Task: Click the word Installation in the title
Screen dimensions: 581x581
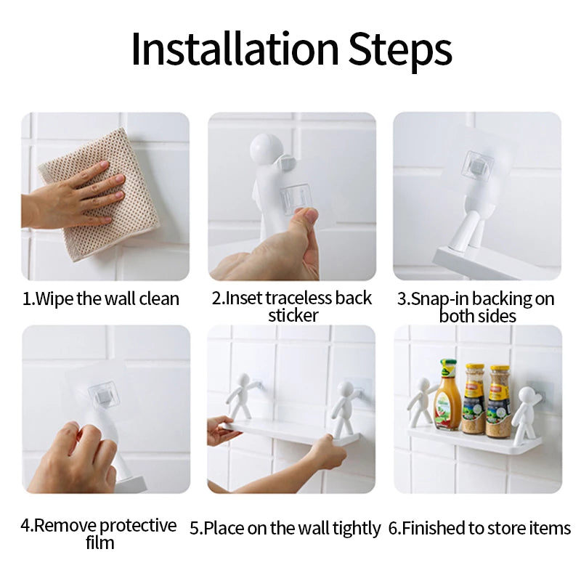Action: [x=234, y=49]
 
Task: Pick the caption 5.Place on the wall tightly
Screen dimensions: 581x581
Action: [x=285, y=528]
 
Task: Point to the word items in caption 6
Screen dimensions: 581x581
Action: [x=551, y=528]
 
